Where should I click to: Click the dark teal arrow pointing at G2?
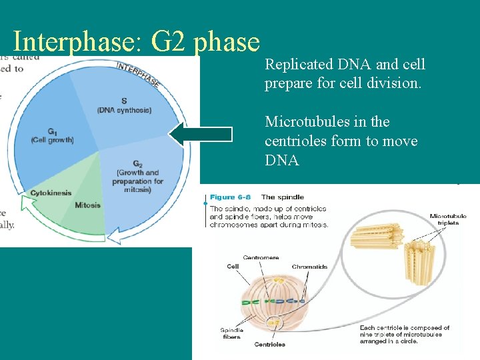(200, 134)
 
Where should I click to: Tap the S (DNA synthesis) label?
(124, 105)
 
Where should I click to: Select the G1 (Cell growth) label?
(52, 136)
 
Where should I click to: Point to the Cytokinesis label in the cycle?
(50, 193)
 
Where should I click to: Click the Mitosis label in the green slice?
(87, 205)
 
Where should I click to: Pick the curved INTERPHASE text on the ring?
(138, 74)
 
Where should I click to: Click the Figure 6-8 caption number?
(231, 197)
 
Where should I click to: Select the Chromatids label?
(309, 267)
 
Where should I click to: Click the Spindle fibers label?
(231, 333)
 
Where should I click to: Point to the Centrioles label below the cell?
(269, 345)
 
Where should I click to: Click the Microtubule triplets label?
(447, 220)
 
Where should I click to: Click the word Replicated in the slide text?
(299, 65)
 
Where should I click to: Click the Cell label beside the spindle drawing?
(233, 267)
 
